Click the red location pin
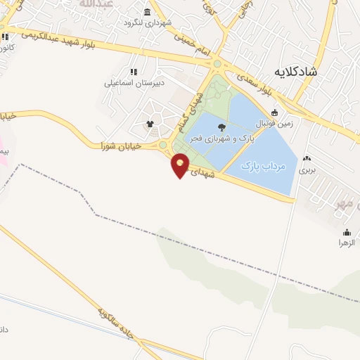(181, 165)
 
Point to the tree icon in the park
(223, 127)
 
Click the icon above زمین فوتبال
(274, 112)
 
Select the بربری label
(307, 170)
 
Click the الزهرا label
(347, 243)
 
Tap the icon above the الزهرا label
(347, 232)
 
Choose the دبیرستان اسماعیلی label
(134, 83)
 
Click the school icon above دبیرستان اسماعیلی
(133, 71)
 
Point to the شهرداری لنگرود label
(147, 23)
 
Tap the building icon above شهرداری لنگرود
(147, 12)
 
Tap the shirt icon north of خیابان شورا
(150, 124)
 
